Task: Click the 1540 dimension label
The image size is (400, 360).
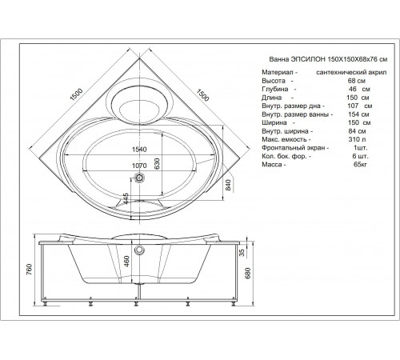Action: pos(139,150)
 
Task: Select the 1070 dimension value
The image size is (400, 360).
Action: pos(139,166)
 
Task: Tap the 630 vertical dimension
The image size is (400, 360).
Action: pos(157,163)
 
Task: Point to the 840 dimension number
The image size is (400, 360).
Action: pos(228,185)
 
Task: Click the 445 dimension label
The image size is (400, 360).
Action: pos(126,198)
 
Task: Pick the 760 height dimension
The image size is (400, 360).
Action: pos(30,269)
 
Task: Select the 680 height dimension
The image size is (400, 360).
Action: pos(248,273)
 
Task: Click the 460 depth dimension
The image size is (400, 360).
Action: pos(126,262)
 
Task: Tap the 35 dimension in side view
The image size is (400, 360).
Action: pos(242,253)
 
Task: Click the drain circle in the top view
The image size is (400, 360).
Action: pos(139,177)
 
